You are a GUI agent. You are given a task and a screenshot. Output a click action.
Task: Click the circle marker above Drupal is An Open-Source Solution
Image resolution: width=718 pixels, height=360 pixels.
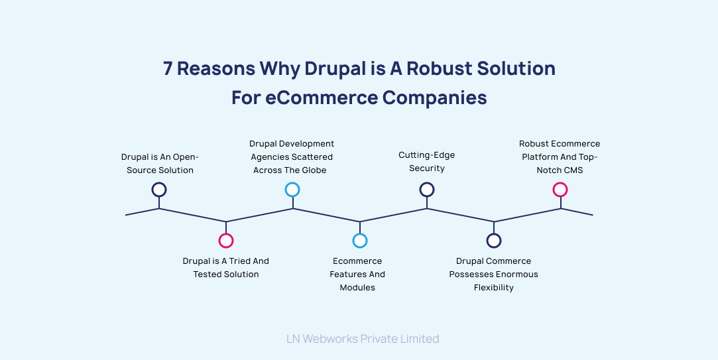click(x=159, y=190)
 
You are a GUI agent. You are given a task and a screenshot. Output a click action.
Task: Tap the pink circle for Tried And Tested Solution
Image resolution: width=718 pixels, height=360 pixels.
click(x=226, y=241)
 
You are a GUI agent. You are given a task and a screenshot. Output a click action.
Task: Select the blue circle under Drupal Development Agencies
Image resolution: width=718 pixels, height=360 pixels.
click(x=292, y=190)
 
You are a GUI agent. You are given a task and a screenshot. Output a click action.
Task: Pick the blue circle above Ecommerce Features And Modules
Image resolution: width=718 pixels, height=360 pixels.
click(x=360, y=241)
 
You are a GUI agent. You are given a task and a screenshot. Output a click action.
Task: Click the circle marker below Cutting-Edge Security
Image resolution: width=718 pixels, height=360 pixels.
click(x=427, y=190)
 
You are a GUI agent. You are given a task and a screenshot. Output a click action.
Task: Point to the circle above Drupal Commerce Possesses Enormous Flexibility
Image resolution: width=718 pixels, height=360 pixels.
click(x=494, y=241)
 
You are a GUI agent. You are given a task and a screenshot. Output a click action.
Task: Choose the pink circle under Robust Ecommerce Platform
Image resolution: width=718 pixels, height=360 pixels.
click(x=560, y=190)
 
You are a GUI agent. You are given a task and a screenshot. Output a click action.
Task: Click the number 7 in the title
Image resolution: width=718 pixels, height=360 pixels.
click(x=168, y=69)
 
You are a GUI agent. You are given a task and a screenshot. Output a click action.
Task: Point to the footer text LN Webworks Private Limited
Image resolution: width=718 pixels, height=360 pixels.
click(x=363, y=339)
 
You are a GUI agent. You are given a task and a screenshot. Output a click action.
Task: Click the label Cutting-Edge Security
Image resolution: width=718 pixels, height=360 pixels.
click(x=426, y=162)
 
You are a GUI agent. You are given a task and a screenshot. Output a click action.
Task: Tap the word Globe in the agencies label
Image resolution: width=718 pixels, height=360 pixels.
click(x=314, y=170)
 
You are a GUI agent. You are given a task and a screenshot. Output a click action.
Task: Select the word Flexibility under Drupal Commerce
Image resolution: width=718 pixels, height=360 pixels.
click(x=494, y=288)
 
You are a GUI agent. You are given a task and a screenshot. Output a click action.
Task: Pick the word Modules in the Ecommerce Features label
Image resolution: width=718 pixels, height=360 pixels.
click(x=357, y=288)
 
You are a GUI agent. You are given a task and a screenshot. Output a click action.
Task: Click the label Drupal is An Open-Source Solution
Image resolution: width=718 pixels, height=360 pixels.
click(x=160, y=164)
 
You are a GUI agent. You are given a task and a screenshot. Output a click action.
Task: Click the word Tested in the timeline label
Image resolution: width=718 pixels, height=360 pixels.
click(x=208, y=274)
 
